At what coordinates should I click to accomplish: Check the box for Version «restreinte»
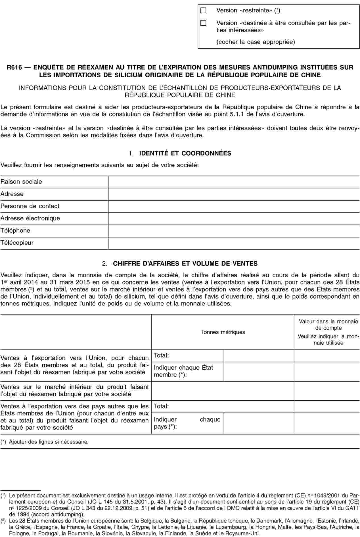(203, 11)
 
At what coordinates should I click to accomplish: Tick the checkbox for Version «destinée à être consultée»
(203, 23)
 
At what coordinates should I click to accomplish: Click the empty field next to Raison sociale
(234, 182)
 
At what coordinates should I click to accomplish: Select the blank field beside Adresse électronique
(234, 218)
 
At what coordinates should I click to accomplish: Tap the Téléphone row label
(15, 230)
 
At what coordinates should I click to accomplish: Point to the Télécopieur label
(17, 243)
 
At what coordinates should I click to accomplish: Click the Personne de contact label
(30, 206)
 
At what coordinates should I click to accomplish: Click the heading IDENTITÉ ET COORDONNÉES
(185, 153)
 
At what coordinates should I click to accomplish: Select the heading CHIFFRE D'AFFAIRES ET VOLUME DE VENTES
(185, 263)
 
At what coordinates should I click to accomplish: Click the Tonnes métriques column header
(223, 332)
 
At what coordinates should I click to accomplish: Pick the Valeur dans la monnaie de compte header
(328, 324)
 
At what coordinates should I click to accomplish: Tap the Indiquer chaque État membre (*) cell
(183, 371)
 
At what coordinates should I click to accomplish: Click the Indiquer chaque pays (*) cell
(187, 423)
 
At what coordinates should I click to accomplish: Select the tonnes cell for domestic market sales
(223, 390)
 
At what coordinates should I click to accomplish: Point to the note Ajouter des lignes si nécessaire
(48, 442)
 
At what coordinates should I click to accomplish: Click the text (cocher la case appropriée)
(256, 42)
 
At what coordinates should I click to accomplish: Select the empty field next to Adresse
(234, 194)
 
